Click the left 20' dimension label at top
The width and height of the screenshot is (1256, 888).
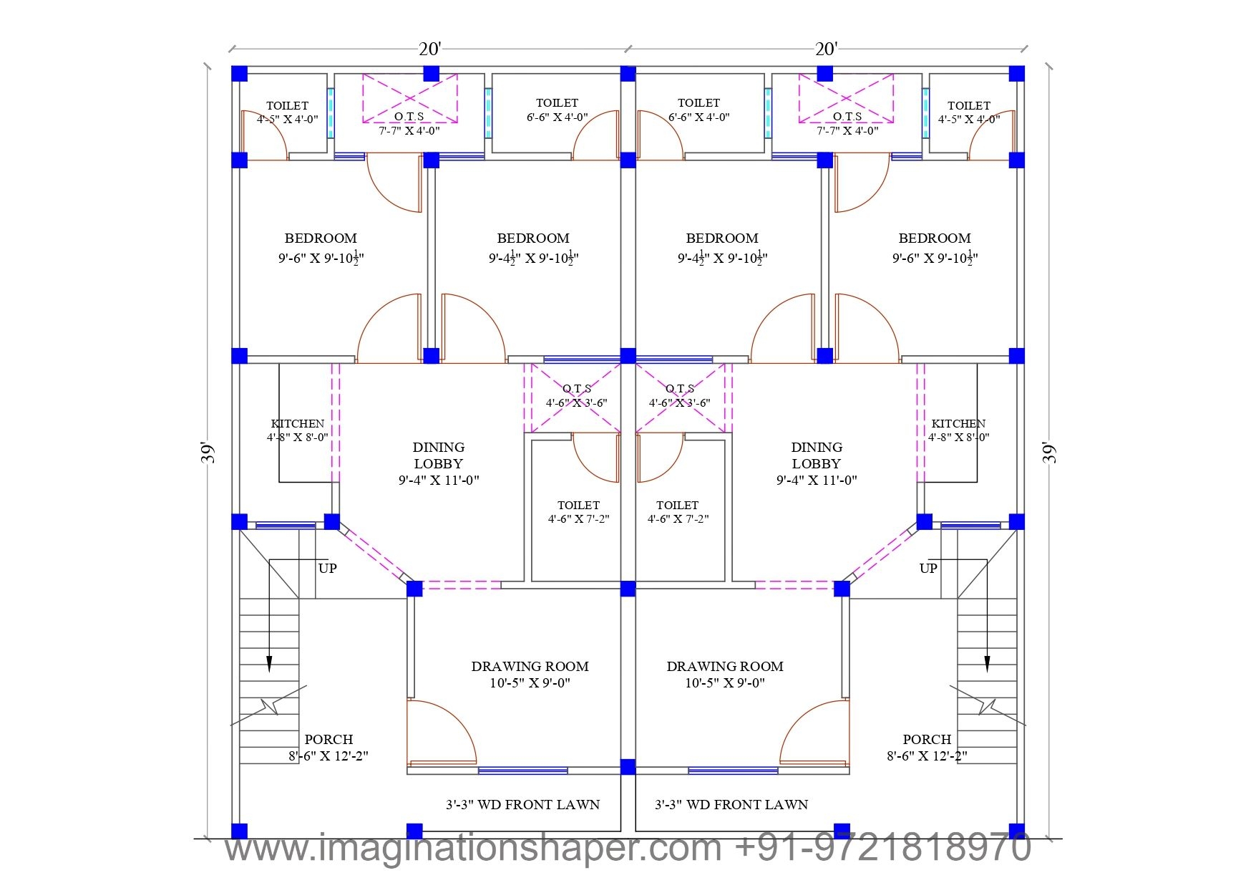(x=429, y=49)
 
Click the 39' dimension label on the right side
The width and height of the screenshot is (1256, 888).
(x=1049, y=453)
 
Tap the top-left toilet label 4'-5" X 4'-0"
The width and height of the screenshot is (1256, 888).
(x=287, y=112)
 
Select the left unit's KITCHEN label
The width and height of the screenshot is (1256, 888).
(x=298, y=430)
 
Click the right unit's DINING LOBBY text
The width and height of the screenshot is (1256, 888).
(x=816, y=463)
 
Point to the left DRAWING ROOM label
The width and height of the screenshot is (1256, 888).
(x=530, y=674)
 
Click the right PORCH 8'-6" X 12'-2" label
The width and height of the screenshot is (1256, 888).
(x=927, y=747)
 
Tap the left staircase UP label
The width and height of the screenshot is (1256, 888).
(x=327, y=568)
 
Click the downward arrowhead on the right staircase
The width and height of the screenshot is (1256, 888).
(x=987, y=664)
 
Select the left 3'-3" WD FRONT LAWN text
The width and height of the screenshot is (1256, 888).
(x=522, y=804)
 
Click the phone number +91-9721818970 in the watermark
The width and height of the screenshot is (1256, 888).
(x=882, y=848)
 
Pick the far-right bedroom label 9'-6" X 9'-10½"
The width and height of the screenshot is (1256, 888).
(x=935, y=248)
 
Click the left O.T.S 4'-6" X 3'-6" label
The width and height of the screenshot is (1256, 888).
(x=576, y=395)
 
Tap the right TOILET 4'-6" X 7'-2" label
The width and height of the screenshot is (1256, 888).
(x=677, y=512)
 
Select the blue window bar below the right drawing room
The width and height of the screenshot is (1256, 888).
(x=733, y=771)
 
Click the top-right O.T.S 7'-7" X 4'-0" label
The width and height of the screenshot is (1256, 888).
(x=847, y=123)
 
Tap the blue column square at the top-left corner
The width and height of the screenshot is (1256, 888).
(x=239, y=74)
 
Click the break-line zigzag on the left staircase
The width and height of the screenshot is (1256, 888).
(x=270, y=705)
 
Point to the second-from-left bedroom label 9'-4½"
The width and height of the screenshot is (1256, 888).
(x=533, y=248)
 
